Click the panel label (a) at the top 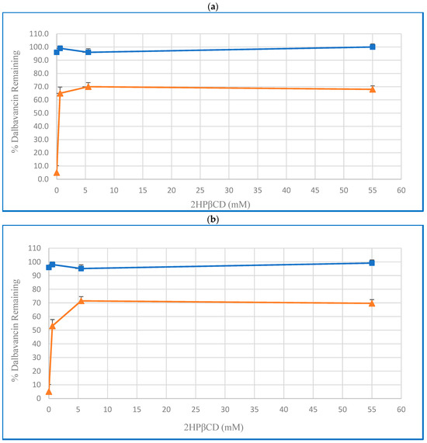pos(213,6)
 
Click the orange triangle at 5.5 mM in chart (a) pos(88,86)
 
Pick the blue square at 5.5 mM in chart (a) pos(88,52)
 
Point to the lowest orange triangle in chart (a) pos(56,172)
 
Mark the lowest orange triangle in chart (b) pos(48,391)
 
